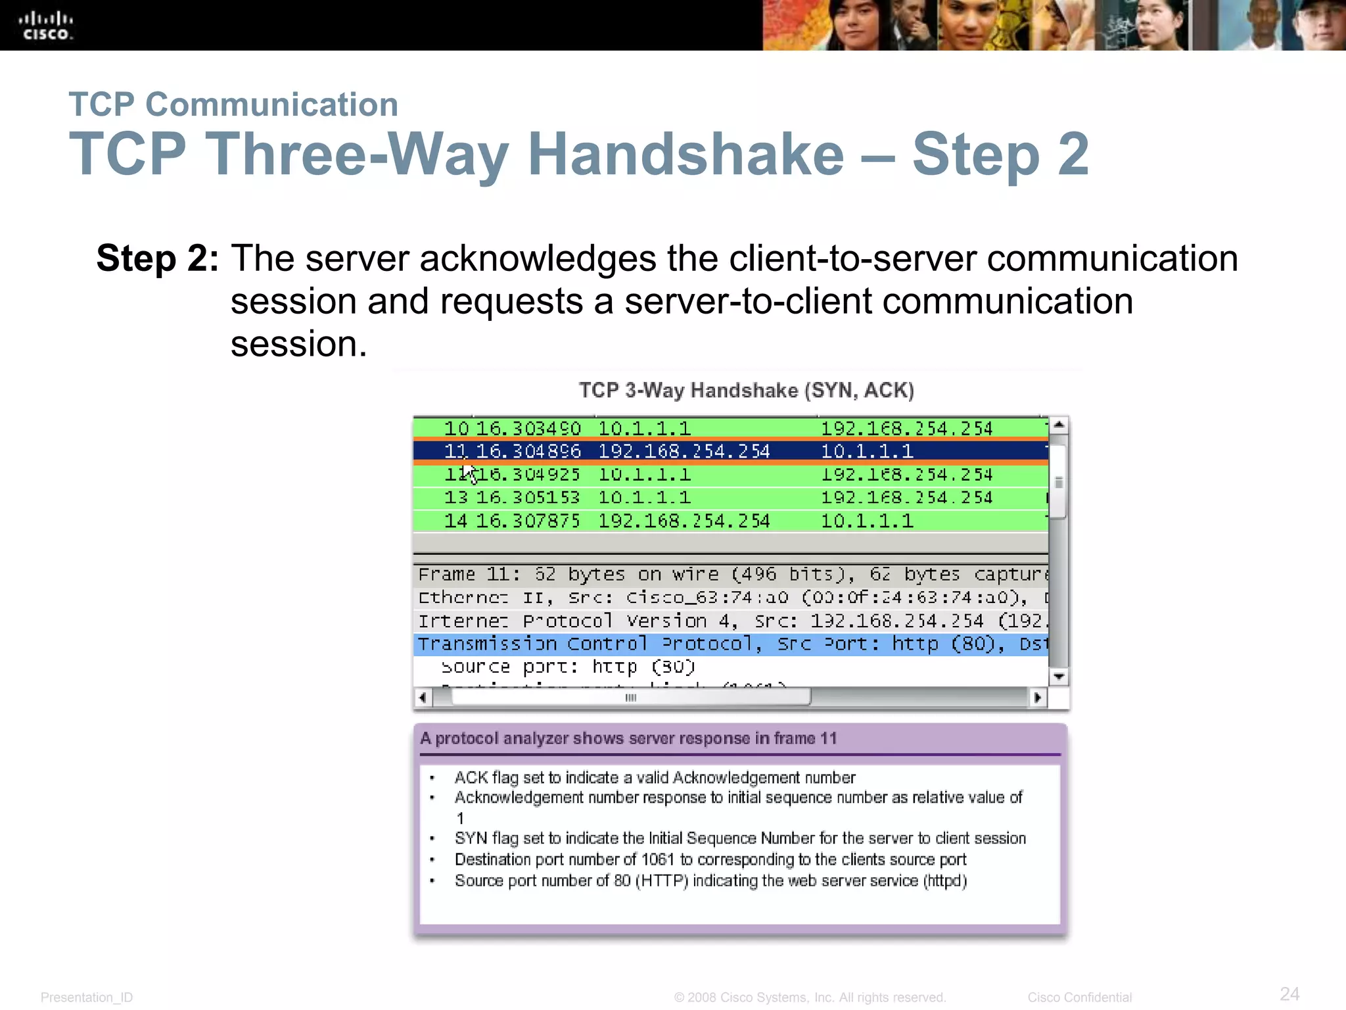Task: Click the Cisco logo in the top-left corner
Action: pyautogui.click(x=45, y=26)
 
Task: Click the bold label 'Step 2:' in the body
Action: pyautogui.click(x=157, y=258)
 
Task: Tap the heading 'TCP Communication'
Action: pyautogui.click(x=233, y=105)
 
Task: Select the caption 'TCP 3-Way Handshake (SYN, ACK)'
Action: pyautogui.click(x=746, y=390)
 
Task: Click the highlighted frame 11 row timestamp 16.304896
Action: pyautogui.click(x=528, y=451)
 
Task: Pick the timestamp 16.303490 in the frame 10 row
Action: pyautogui.click(x=528, y=429)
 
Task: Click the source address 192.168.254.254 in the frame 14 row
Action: pyautogui.click(x=684, y=521)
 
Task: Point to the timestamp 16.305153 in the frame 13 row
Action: pyautogui.click(x=528, y=498)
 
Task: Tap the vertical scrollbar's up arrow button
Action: pyautogui.click(x=1058, y=425)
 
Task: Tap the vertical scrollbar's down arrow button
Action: pyautogui.click(x=1058, y=677)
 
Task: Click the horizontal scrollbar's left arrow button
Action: pyautogui.click(x=423, y=698)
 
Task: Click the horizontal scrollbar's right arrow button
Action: pyautogui.click(x=1037, y=698)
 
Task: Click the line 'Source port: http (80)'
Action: pyautogui.click(x=568, y=667)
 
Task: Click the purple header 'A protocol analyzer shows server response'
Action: pyautogui.click(x=628, y=738)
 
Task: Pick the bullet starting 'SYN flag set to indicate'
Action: pyautogui.click(x=739, y=838)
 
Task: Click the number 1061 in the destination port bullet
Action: pyautogui.click(x=657, y=859)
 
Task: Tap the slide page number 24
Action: pyautogui.click(x=1289, y=994)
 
